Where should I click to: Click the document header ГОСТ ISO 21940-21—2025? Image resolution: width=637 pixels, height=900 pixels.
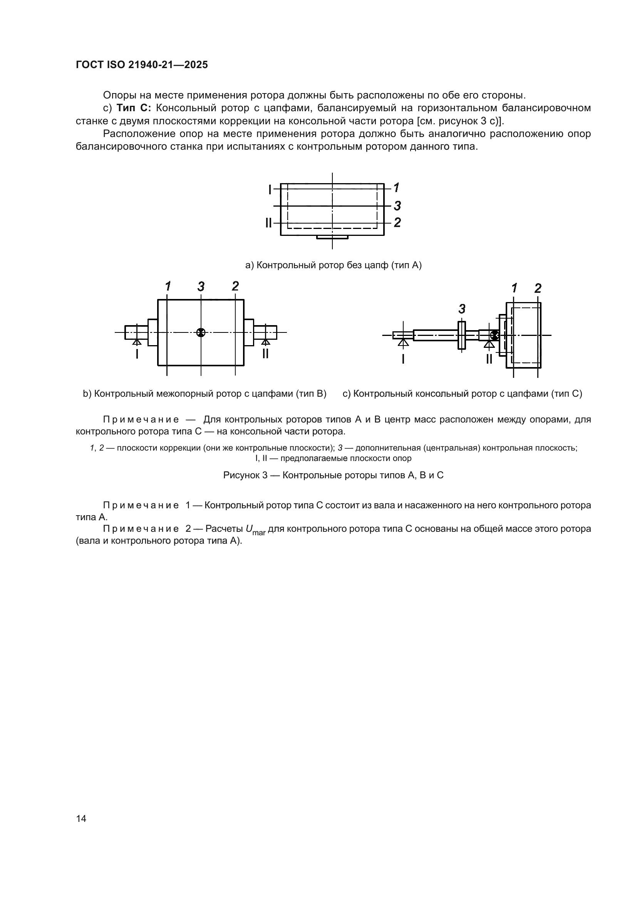[x=142, y=65]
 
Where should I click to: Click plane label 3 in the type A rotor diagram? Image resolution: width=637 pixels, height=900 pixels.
[x=397, y=205]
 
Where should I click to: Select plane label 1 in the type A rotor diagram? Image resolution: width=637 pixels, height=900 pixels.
[x=397, y=188]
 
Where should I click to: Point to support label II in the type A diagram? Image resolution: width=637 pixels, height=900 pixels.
[x=269, y=223]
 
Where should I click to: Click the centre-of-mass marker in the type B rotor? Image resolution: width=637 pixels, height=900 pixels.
[x=201, y=332]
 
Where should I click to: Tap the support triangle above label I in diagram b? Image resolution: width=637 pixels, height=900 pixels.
[x=136, y=342]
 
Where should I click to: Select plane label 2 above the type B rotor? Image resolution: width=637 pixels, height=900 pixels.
[x=235, y=287]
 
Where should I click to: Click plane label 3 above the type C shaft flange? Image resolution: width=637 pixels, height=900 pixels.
[x=462, y=309]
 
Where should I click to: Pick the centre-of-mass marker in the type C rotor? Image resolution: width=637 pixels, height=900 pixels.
[x=495, y=335]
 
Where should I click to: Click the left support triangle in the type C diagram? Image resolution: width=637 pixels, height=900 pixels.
[x=403, y=342]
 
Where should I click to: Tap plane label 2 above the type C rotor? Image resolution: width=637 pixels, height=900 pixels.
[x=538, y=289]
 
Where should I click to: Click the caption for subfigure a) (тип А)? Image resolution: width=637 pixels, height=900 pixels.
[x=333, y=265]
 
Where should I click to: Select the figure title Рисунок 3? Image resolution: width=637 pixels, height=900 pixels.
[x=333, y=475]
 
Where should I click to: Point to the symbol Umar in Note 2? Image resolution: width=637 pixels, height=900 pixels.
[x=255, y=529]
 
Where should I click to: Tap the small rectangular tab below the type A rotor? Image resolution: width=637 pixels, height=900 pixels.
[x=332, y=237]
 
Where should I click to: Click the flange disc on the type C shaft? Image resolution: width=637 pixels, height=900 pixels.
[x=462, y=335]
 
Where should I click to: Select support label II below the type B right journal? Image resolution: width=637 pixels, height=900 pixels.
[x=266, y=354]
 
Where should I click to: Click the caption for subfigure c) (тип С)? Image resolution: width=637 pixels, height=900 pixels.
[x=462, y=394]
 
